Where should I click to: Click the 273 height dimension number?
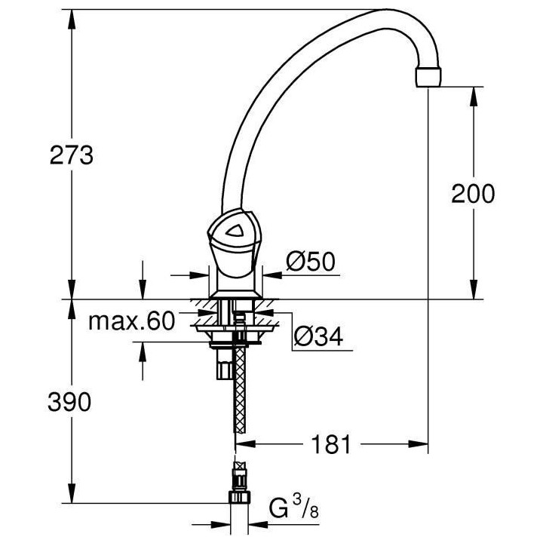click(72, 155)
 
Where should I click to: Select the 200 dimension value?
click(473, 194)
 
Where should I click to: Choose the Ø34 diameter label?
click(318, 337)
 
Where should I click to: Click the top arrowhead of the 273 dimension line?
click(72, 16)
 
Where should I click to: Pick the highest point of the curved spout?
click(377, 11)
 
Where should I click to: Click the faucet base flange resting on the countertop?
click(235, 291)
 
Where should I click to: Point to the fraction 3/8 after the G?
click(304, 509)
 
